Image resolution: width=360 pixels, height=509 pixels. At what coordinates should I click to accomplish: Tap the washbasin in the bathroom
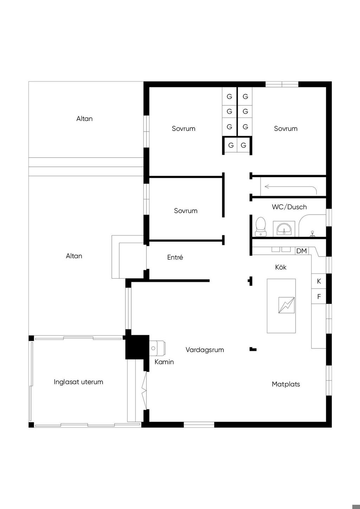284,228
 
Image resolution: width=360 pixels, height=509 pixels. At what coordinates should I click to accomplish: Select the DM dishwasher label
302,251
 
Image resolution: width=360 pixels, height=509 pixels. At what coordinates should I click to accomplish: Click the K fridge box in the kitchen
319,281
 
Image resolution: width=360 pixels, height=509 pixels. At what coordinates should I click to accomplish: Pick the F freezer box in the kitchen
319,296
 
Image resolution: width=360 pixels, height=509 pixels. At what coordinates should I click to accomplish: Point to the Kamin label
164,362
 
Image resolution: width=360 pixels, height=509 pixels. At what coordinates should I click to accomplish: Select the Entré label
175,257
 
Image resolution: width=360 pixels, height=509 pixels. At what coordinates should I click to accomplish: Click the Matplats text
286,384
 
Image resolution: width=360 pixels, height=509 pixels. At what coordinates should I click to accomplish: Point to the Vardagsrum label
205,350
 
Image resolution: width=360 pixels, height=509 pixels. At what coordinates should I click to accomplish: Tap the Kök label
281,267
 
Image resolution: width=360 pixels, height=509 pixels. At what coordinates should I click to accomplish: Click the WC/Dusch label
289,207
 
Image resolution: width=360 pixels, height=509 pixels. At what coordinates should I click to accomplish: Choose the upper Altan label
84,119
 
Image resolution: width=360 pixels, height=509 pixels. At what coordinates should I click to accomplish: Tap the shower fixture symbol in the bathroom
313,234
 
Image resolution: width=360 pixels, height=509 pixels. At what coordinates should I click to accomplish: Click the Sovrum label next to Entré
186,211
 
